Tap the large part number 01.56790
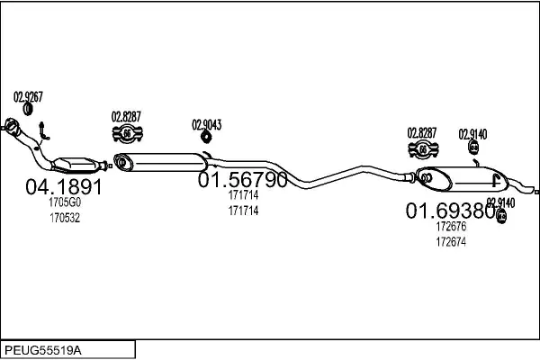(242, 180)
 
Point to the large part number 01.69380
(450, 211)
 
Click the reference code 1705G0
(64, 204)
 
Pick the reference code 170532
(64, 218)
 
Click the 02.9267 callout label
(28, 96)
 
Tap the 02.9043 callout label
(206, 124)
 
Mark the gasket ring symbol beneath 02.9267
(28, 110)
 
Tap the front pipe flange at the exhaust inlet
(12, 127)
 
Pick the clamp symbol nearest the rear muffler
(421, 150)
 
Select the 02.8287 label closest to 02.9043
(127, 116)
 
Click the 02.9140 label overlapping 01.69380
(500, 202)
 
